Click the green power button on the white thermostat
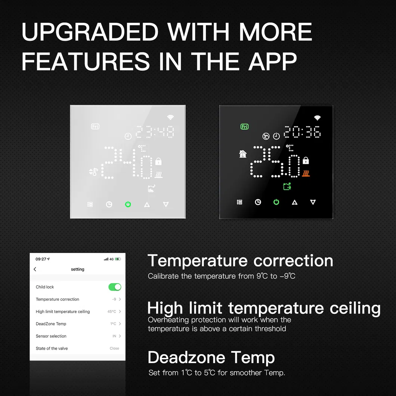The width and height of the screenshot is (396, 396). click(128, 204)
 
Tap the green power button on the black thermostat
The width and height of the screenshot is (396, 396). click(276, 202)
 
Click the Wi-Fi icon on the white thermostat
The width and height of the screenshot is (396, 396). click(170, 117)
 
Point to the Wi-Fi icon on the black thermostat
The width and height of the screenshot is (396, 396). click(317, 118)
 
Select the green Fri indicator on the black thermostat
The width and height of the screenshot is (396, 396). click(245, 127)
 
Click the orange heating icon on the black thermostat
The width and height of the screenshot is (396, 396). click(306, 174)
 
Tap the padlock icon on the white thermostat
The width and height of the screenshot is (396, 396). click(158, 161)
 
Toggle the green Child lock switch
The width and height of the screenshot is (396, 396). click(115, 287)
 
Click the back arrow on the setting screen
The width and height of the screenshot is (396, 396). click(35, 269)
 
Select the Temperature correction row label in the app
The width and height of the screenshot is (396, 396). click(58, 299)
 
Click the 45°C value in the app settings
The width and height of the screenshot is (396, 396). click(112, 312)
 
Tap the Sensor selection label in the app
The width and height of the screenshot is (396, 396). click(51, 336)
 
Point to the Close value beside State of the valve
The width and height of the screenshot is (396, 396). click(114, 349)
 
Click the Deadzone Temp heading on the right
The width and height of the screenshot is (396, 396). click(211, 358)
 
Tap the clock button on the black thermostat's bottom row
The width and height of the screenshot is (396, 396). click(258, 202)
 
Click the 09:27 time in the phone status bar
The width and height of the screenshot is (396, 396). click(41, 259)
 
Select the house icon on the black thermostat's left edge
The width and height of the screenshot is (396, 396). click(243, 154)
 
